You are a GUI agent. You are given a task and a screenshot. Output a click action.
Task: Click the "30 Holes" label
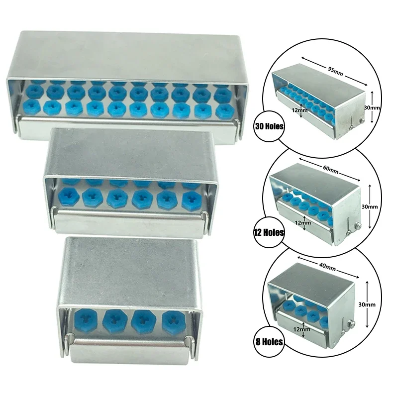point(269,127)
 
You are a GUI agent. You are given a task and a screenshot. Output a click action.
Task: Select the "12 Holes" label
point(269,232)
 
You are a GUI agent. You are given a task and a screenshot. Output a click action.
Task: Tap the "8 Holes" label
point(269,342)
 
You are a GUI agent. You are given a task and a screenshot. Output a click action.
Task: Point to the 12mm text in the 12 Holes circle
point(303,223)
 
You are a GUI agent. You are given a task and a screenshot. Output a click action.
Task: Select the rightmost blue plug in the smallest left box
point(173,321)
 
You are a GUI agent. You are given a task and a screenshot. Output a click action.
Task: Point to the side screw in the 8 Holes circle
point(350,325)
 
